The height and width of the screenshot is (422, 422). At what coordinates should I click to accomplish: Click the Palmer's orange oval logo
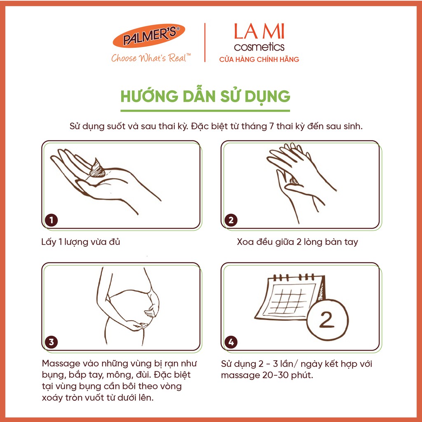click(x=149, y=36)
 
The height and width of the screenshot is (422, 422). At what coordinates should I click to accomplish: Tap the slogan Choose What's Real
click(x=151, y=58)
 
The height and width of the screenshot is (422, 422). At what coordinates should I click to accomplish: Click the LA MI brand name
click(x=259, y=31)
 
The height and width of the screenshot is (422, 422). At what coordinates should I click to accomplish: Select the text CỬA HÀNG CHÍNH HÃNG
click(x=259, y=59)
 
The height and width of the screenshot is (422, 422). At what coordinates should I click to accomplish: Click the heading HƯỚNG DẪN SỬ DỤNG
click(x=205, y=96)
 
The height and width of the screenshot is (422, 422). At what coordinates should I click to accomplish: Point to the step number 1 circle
click(x=52, y=220)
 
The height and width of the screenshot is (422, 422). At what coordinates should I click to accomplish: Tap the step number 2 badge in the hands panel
click(x=231, y=220)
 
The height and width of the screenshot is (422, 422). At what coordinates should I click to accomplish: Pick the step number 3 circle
click(x=52, y=342)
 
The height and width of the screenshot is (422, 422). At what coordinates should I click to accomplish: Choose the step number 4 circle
click(x=231, y=342)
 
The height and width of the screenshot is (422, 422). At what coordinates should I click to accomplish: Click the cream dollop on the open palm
click(x=97, y=169)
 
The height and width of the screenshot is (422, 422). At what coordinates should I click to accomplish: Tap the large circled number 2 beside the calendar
click(x=327, y=320)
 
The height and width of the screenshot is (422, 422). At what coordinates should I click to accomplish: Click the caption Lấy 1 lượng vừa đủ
click(x=81, y=241)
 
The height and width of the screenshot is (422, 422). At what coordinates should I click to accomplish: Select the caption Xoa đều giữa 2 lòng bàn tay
click(x=298, y=241)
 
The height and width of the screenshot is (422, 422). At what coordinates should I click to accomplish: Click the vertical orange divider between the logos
click(x=205, y=42)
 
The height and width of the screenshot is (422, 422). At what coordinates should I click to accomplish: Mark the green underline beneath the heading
click(x=205, y=110)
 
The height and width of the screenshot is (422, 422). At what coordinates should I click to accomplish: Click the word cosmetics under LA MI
click(x=259, y=47)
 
